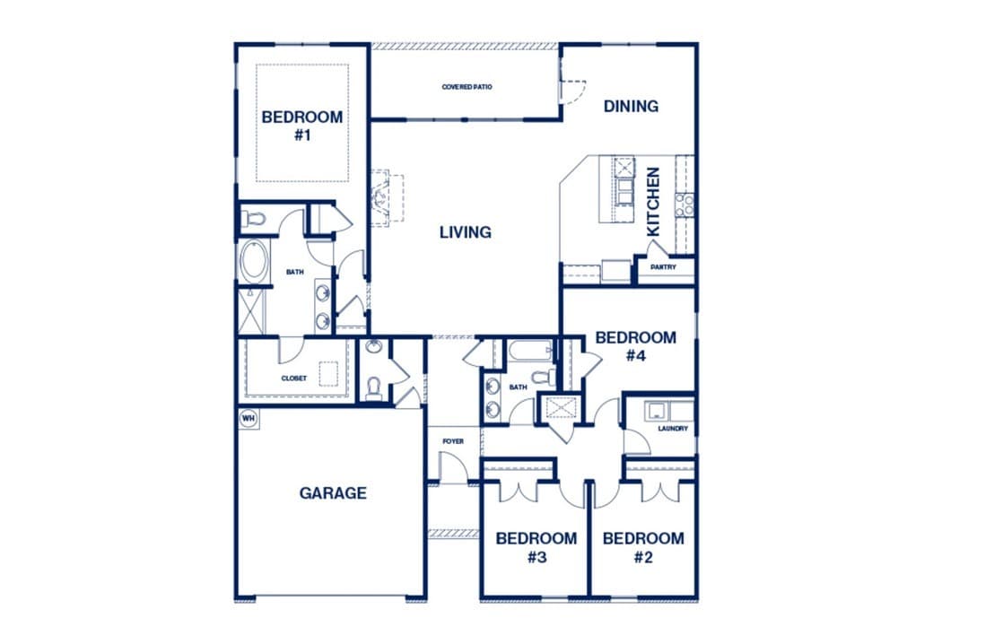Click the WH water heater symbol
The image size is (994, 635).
click(248, 418)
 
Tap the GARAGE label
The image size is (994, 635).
click(333, 493)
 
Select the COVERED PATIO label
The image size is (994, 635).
click(466, 87)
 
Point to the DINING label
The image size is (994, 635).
click(631, 106)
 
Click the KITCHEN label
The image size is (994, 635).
click(653, 202)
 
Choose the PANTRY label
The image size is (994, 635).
click(663, 267)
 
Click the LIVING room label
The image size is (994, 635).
click(466, 232)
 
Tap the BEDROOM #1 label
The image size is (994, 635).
click(302, 126)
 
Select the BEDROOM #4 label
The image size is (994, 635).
click(636, 347)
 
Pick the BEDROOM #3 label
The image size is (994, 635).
click(536, 547)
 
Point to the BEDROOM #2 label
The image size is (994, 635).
click(643, 547)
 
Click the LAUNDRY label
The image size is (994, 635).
click(673, 429)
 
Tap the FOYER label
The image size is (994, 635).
click(453, 441)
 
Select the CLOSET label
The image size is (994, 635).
click(294, 378)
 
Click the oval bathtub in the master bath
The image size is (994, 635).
click(254, 261)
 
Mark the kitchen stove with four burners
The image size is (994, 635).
click(684, 205)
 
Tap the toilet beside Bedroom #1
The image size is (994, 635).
click(253, 219)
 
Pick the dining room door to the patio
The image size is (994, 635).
click(571, 91)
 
